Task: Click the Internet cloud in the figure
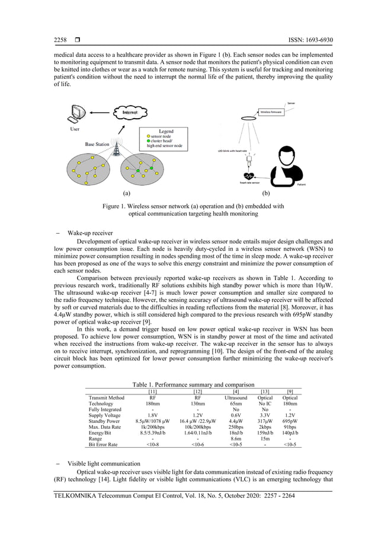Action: (x=132, y=113)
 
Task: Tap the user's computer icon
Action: (x=77, y=113)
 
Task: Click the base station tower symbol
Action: (x=117, y=149)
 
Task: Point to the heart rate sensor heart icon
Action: (x=252, y=176)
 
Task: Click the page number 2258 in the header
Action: (x=60, y=40)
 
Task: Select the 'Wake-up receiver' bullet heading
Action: (x=89, y=233)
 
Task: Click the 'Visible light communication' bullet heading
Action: (x=102, y=463)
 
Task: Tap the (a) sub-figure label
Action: (x=126, y=193)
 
